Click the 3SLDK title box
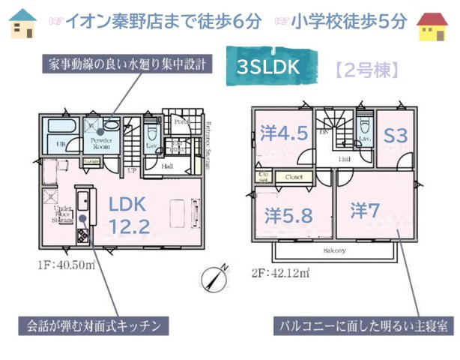[x=267, y=67]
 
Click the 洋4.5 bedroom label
[x=284, y=134]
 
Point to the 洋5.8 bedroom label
[x=288, y=215]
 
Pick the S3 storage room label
[x=395, y=136]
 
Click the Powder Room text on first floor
[x=101, y=142]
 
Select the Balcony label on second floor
[x=334, y=250]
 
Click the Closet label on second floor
[x=293, y=178]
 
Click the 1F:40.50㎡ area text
[x=67, y=265]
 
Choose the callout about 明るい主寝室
[x=363, y=326]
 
